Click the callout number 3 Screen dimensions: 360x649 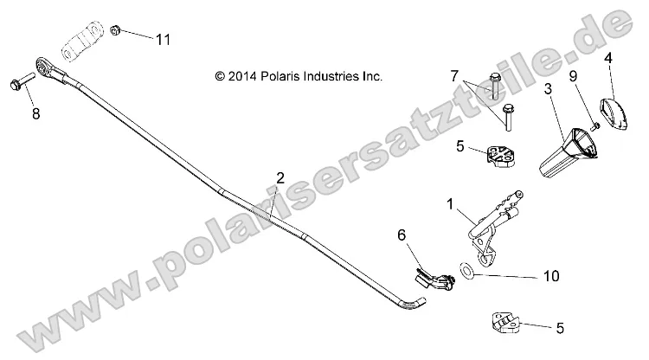point(548,90)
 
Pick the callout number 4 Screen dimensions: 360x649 point(607,59)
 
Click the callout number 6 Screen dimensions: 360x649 point(401,234)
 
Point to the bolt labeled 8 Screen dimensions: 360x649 point(19,84)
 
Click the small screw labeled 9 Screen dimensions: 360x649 point(594,125)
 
